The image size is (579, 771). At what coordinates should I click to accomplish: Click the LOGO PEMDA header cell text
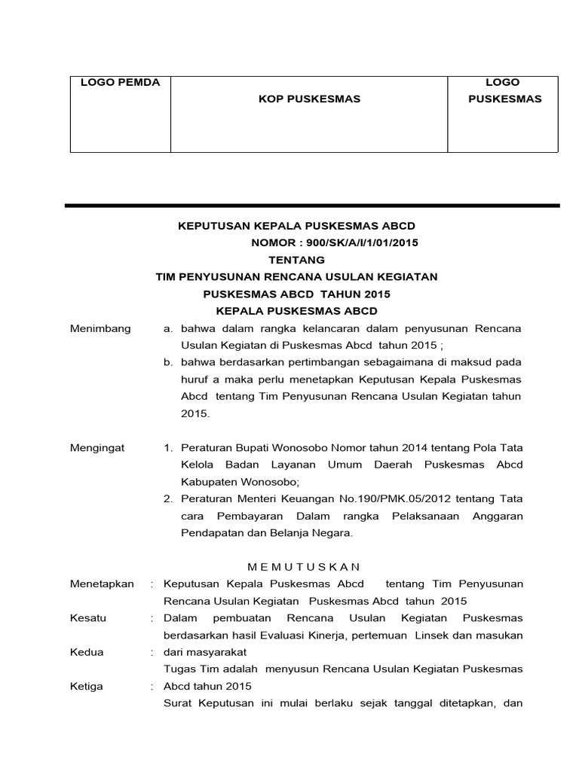pyautogui.click(x=120, y=83)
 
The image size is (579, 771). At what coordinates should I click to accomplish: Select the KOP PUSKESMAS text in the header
pyautogui.click(x=309, y=99)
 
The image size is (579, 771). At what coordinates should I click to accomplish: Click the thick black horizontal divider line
pyautogui.click(x=312, y=206)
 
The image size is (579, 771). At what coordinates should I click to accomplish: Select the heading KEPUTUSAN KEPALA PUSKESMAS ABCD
pyautogui.click(x=296, y=226)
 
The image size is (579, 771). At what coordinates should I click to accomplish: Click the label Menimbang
pyautogui.click(x=100, y=328)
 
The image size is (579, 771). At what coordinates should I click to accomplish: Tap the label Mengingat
pyautogui.click(x=97, y=447)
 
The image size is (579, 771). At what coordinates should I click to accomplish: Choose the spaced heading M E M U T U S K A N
pyautogui.click(x=305, y=566)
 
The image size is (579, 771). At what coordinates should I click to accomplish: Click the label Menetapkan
pyautogui.click(x=102, y=584)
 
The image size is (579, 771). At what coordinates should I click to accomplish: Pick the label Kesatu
pyautogui.click(x=88, y=618)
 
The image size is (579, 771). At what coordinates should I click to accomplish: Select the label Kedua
pyautogui.click(x=87, y=652)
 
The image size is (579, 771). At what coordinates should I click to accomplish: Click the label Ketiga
pyautogui.click(x=87, y=687)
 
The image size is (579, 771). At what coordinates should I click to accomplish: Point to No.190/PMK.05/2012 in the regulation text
pyautogui.click(x=341, y=498)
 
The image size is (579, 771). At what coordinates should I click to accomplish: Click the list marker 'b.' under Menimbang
pyautogui.click(x=168, y=362)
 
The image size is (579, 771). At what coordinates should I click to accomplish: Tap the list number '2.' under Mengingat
pyautogui.click(x=169, y=498)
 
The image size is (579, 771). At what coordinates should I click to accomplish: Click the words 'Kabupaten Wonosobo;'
pyautogui.click(x=234, y=482)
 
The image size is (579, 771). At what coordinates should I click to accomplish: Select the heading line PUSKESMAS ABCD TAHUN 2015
pyautogui.click(x=297, y=294)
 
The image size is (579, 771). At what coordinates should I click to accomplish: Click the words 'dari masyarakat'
pyautogui.click(x=204, y=652)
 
